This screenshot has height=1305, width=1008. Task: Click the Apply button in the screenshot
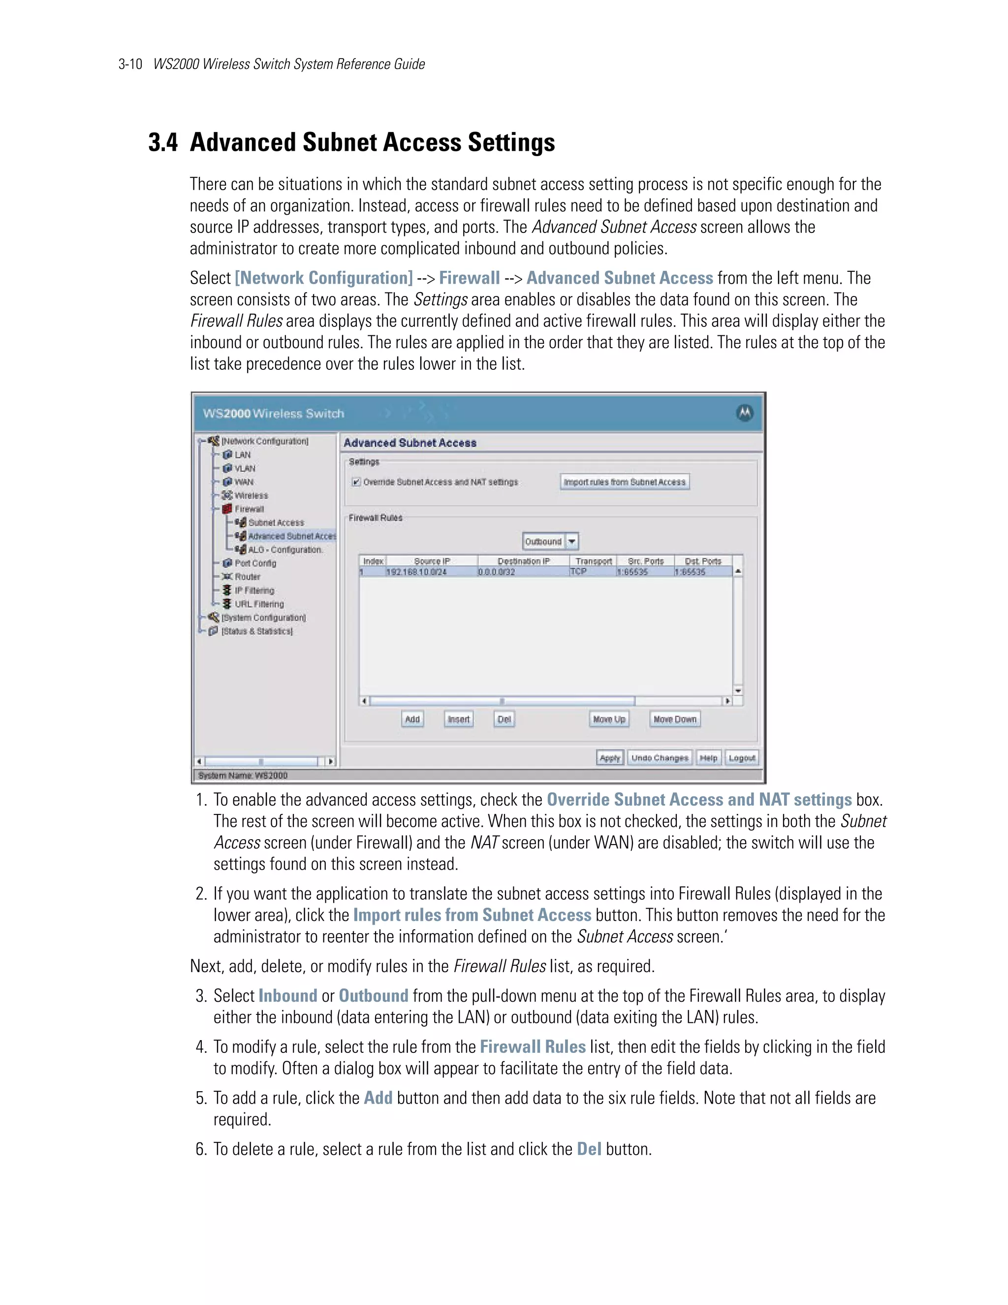(x=610, y=758)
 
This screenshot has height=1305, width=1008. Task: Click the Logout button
(x=742, y=758)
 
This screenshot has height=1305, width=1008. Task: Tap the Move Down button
(x=675, y=719)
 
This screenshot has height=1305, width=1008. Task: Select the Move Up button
(x=608, y=719)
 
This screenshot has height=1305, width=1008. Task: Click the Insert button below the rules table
(x=459, y=719)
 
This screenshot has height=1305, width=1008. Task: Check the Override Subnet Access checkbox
(x=356, y=482)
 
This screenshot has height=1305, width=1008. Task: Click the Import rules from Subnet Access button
(x=625, y=482)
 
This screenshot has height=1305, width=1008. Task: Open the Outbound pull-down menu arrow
(x=572, y=541)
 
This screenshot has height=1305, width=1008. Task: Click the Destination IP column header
(x=523, y=561)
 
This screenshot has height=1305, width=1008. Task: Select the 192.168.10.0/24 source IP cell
(x=416, y=572)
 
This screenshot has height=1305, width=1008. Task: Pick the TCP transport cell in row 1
(x=578, y=572)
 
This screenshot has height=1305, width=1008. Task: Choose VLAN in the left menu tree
(x=244, y=468)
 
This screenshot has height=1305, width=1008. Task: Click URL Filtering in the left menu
(x=259, y=604)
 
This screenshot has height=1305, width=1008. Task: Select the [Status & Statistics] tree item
(x=257, y=631)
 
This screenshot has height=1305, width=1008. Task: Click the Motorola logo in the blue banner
(x=744, y=413)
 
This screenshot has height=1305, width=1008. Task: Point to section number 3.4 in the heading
(x=162, y=143)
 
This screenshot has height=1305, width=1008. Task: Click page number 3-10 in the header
(x=130, y=65)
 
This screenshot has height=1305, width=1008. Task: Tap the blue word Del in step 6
(x=588, y=1149)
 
